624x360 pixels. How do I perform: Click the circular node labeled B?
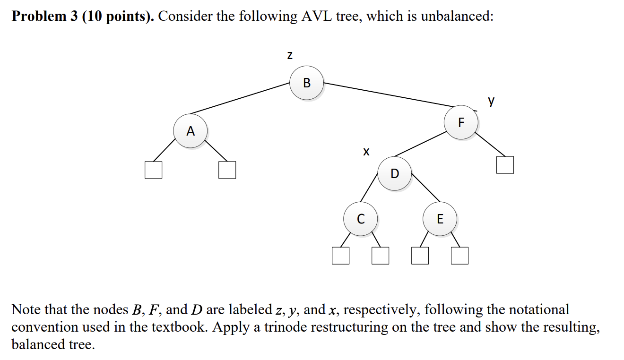pos(306,83)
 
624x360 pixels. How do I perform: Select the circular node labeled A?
pos(190,131)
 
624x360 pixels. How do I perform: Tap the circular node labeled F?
pos(461,122)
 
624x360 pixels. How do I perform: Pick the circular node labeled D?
pos(395,173)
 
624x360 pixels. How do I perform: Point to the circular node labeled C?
pos(361,219)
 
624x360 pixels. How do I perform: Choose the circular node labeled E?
pos(440,219)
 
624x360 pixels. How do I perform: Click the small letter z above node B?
pos(290,56)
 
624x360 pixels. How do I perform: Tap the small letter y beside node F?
pos(492,101)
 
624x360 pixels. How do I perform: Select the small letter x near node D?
pos(365,152)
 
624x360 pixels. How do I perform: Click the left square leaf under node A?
pos(153,170)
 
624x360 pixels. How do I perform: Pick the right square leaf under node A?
pos(227,170)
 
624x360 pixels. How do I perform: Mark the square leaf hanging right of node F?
pos(505,165)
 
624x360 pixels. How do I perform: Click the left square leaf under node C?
pos(340,256)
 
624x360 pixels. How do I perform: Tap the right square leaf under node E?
pos(459,256)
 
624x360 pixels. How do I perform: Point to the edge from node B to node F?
pos(388,95)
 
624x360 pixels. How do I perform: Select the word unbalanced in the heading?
pos(456,17)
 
